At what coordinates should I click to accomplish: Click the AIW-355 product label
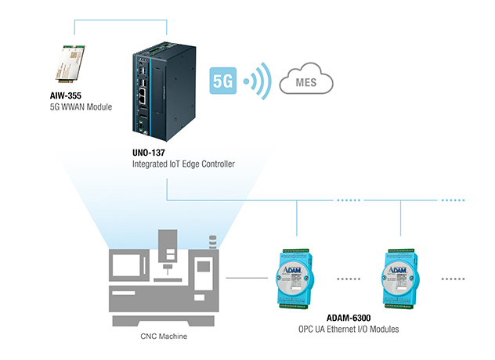coord(65,95)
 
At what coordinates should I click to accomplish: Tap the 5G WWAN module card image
coord(70,64)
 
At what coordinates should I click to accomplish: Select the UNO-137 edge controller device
coord(164,92)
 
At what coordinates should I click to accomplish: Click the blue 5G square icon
coord(223,81)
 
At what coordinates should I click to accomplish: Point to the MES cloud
coord(306,79)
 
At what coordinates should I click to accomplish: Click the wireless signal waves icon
coord(257,81)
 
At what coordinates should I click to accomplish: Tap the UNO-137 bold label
coord(149,153)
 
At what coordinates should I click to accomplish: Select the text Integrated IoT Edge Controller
coord(183,164)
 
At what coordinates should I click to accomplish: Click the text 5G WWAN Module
coord(81,107)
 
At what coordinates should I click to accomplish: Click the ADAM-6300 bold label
coord(349,318)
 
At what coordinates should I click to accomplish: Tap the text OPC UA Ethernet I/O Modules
coord(349,329)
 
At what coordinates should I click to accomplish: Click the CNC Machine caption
coord(164,337)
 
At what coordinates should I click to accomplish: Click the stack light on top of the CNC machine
coord(213,242)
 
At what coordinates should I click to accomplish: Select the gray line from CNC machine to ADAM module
coord(247,278)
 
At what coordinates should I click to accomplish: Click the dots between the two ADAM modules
coord(349,279)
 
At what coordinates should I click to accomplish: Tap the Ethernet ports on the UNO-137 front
coord(143,95)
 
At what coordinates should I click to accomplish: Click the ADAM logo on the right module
coord(397,270)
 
